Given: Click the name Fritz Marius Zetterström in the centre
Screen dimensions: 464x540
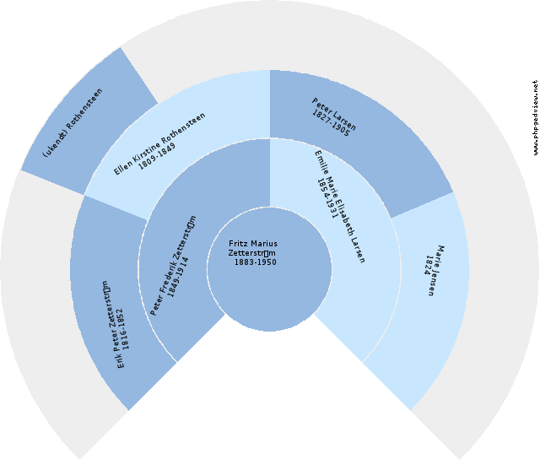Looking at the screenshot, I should (253, 249).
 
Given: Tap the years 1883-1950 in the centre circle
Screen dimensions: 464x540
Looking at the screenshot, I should (255, 262).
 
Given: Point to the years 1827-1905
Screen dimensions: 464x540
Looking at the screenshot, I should (329, 123).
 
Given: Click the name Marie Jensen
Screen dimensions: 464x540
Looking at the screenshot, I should (440, 270).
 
